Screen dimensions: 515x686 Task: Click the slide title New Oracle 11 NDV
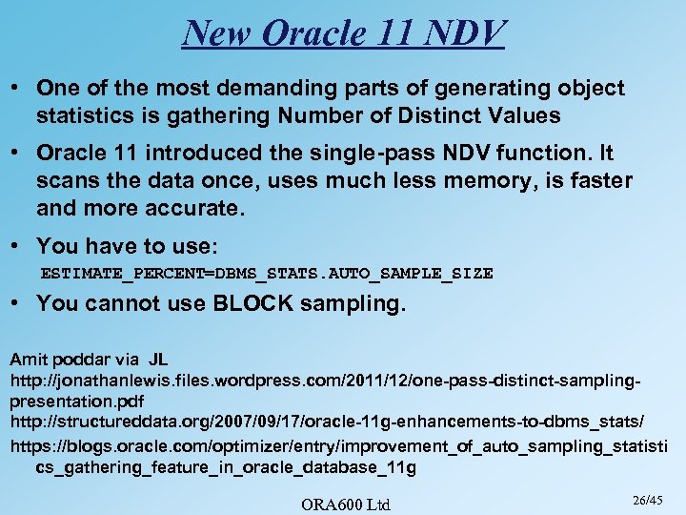[342, 33]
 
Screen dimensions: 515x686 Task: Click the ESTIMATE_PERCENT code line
[267, 274]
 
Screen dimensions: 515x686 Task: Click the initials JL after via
[158, 360]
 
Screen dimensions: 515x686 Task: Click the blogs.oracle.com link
[338, 446]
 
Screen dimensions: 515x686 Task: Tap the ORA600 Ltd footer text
[345, 504]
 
